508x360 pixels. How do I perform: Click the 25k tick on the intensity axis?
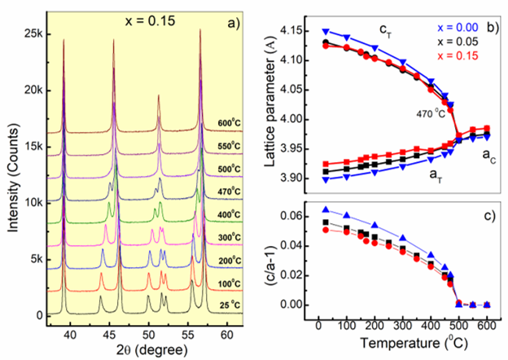pyautogui.click(x=34, y=34)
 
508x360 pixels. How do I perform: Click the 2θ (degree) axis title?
pyautogui.click(x=135, y=349)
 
